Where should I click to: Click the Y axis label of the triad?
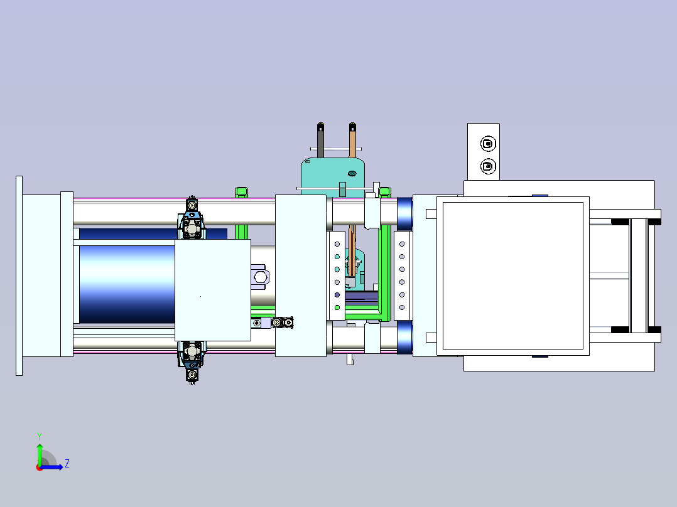click(40, 436)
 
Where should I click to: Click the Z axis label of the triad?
click(67, 464)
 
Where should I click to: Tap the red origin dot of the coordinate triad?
click(40, 467)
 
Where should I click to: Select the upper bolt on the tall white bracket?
click(488, 144)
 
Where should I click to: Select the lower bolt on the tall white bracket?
click(488, 166)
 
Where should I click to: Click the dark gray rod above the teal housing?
click(320, 141)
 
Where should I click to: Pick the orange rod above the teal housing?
click(352, 141)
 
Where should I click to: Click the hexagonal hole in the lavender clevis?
click(261, 277)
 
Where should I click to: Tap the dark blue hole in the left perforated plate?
click(337, 295)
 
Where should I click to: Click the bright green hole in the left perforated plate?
click(337, 307)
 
